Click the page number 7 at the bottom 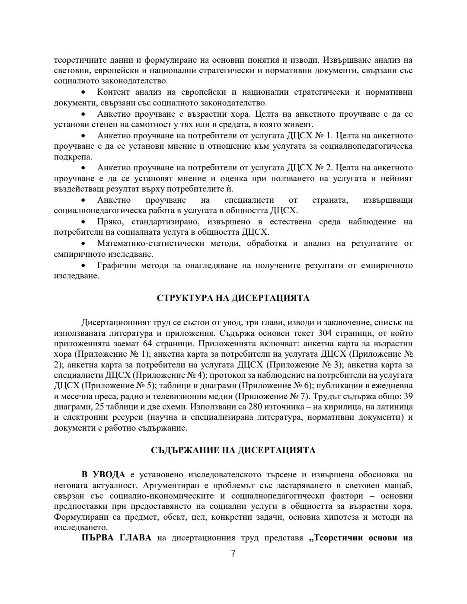233,554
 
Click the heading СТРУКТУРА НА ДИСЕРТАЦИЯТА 233,299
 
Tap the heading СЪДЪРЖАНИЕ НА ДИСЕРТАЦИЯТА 233,451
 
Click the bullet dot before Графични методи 83,265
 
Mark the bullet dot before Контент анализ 83,93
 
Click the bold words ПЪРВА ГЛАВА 116,538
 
